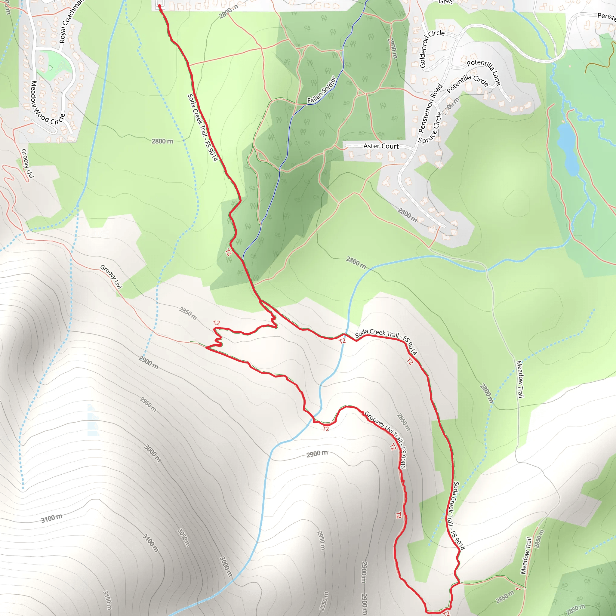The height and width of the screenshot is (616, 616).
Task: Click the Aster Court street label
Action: click(x=381, y=146)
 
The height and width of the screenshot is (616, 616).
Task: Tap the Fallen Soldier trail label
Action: click(x=322, y=90)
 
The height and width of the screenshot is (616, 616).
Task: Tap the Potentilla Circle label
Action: click(x=467, y=83)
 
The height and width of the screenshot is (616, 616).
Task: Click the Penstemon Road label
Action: click(x=430, y=108)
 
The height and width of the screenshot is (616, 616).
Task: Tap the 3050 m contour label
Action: click(x=184, y=537)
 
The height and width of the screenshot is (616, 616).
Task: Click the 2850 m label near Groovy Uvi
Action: click(x=188, y=313)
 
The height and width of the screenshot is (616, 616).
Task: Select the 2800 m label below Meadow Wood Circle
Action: click(x=162, y=141)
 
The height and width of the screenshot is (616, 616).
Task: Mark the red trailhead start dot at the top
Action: click(x=159, y=6)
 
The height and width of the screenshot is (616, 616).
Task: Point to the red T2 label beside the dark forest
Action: click(x=228, y=253)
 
